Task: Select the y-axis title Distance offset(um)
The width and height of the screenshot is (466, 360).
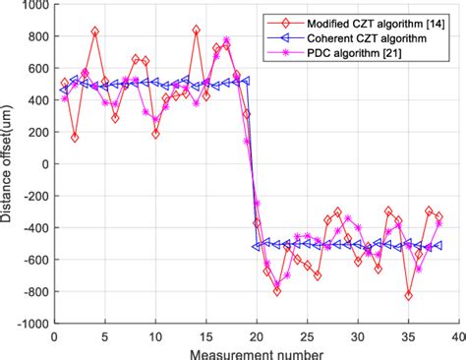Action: click(x=9, y=164)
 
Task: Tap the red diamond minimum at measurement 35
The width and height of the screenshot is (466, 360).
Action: click(x=408, y=295)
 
